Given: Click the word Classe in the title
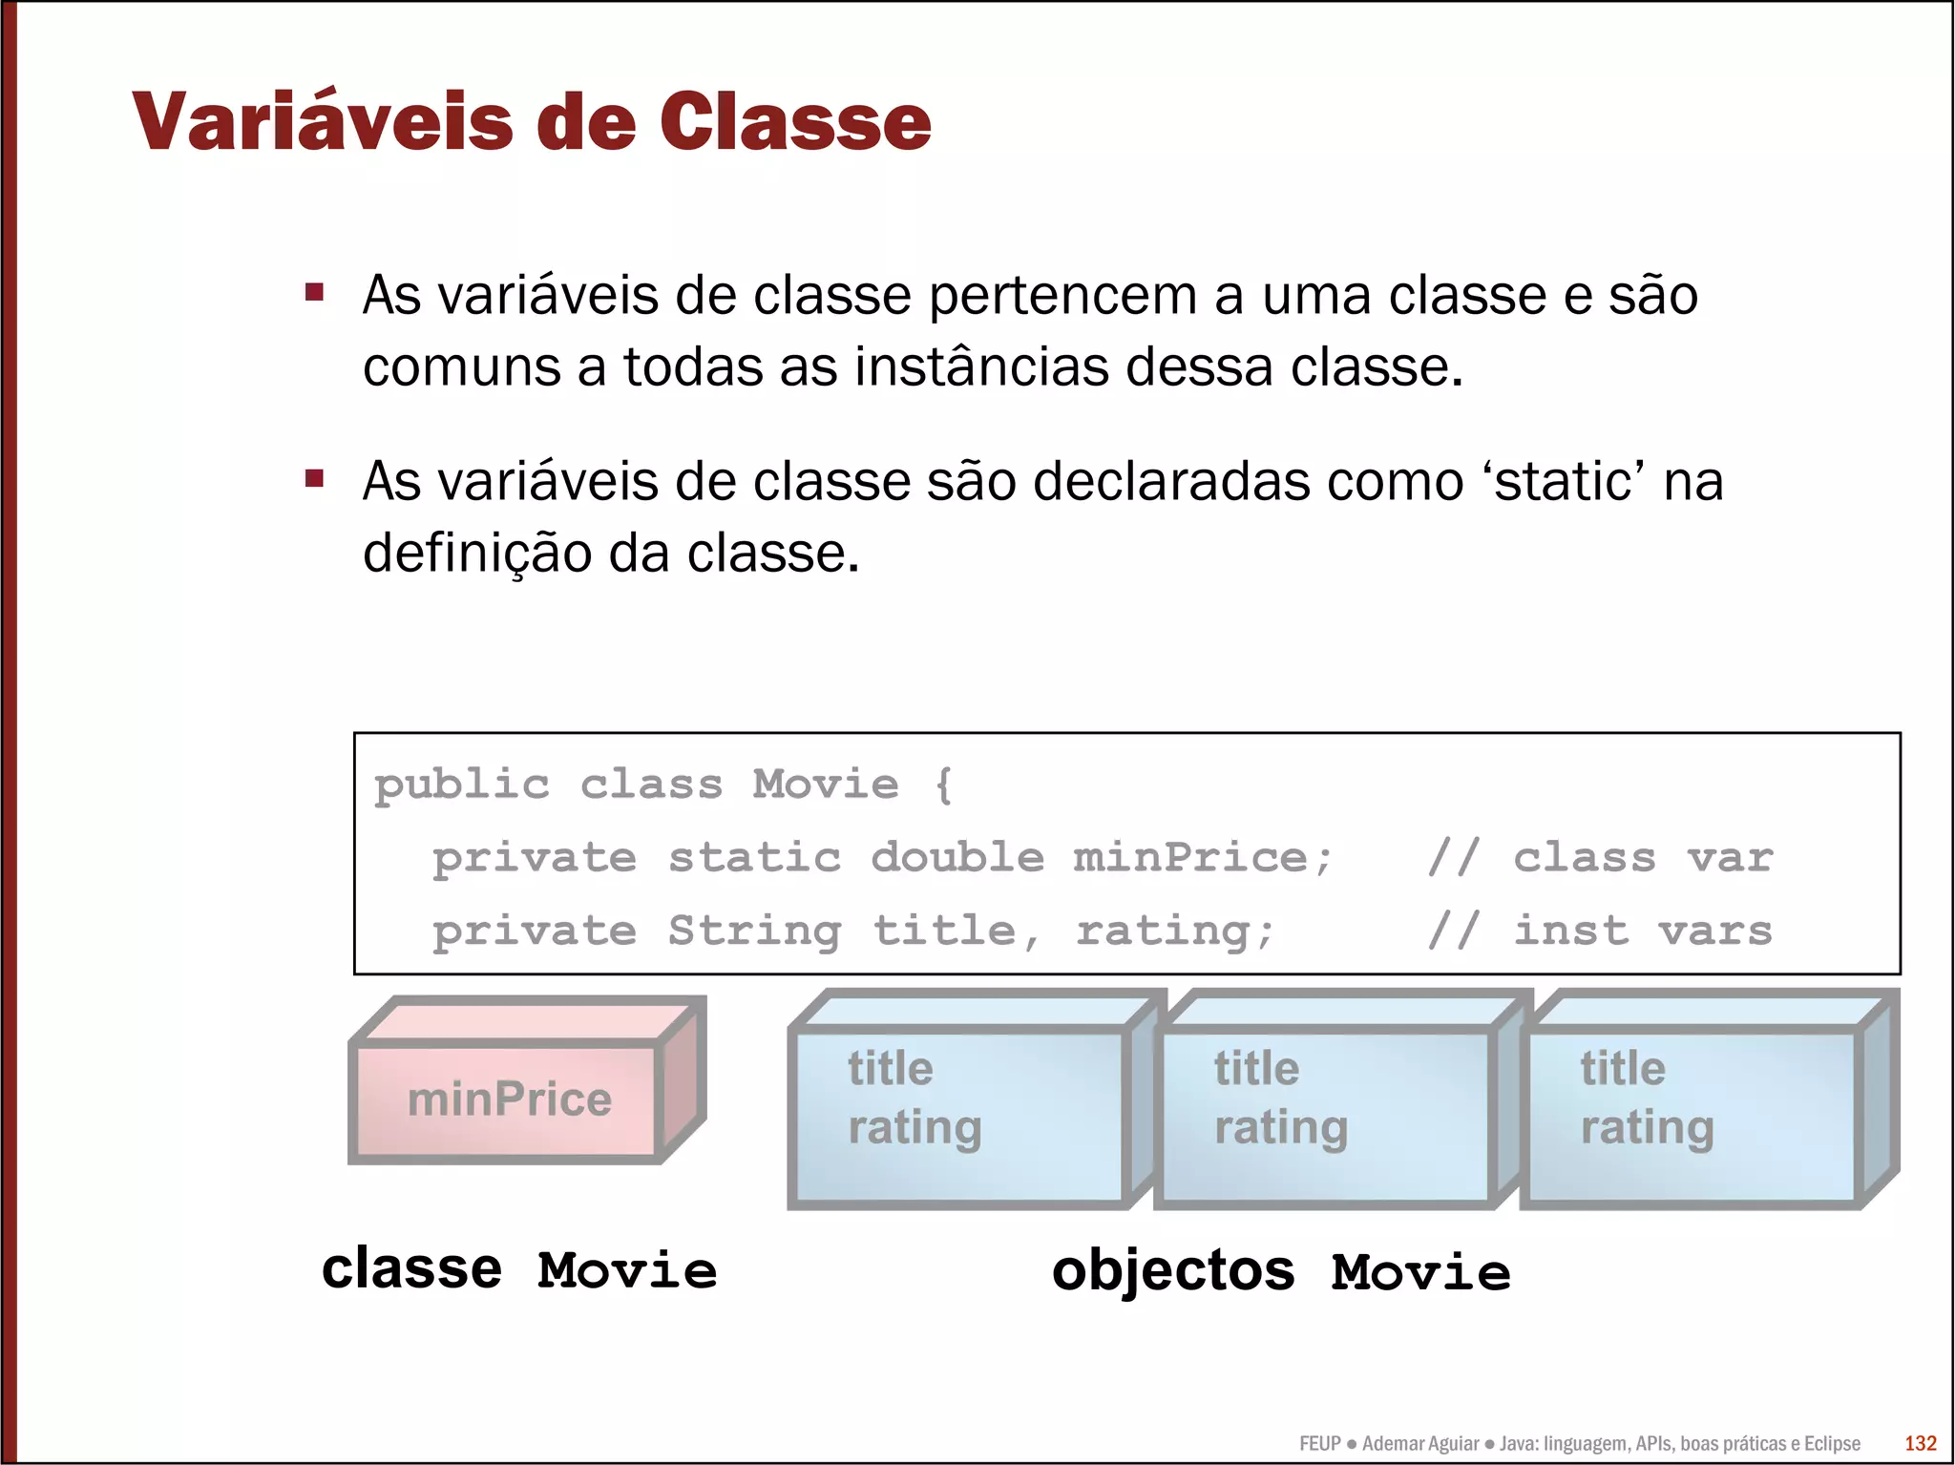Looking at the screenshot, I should [x=794, y=122].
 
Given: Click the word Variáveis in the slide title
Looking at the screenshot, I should [x=322, y=122].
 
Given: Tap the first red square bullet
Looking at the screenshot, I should [x=315, y=292].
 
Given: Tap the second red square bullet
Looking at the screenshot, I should [x=315, y=478].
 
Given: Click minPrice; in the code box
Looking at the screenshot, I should [x=1202, y=857].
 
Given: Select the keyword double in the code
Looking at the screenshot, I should [x=957, y=857].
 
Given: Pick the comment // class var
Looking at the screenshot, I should [x=1600, y=857].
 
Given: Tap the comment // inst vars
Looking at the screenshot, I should [x=1600, y=930].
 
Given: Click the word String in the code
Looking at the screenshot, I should [x=754, y=930].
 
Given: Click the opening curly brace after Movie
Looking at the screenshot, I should [x=943, y=785].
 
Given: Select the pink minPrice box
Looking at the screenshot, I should [x=509, y=1099].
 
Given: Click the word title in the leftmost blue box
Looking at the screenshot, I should [x=890, y=1068].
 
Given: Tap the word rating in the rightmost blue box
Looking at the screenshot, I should [x=1647, y=1127].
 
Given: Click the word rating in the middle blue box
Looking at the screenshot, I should [x=1280, y=1127].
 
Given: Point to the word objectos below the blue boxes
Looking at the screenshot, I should [x=1173, y=1271].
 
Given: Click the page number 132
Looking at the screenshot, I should [x=1920, y=1443].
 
